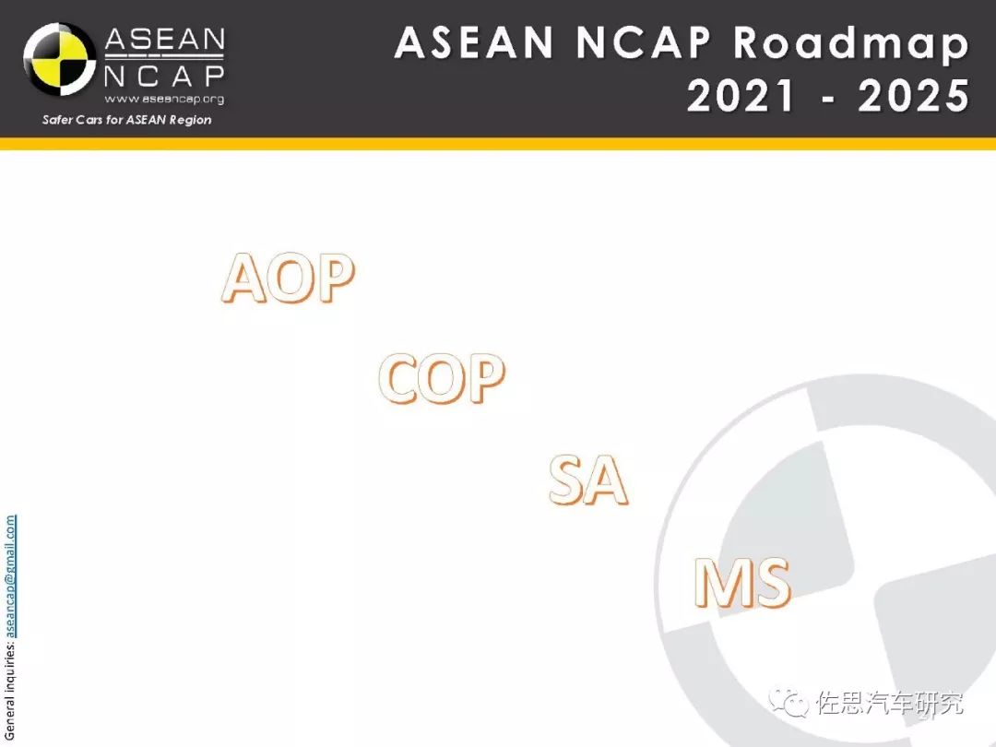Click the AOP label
coord(289,278)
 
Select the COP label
coord(442,379)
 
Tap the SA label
coord(588,480)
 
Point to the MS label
coord(742,583)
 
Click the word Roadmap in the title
coord(851,43)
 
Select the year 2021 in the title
coord(741,96)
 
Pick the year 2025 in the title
coord(913,96)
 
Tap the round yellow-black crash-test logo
coord(60,60)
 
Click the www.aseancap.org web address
coord(164,99)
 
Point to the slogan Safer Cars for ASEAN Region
coord(127,119)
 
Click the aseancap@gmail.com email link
coord(10,575)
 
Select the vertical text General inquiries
coord(10,690)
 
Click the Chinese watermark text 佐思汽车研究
coord(890,703)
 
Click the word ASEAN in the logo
coord(164,40)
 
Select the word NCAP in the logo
coord(164,77)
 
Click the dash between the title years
coord(827,100)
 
